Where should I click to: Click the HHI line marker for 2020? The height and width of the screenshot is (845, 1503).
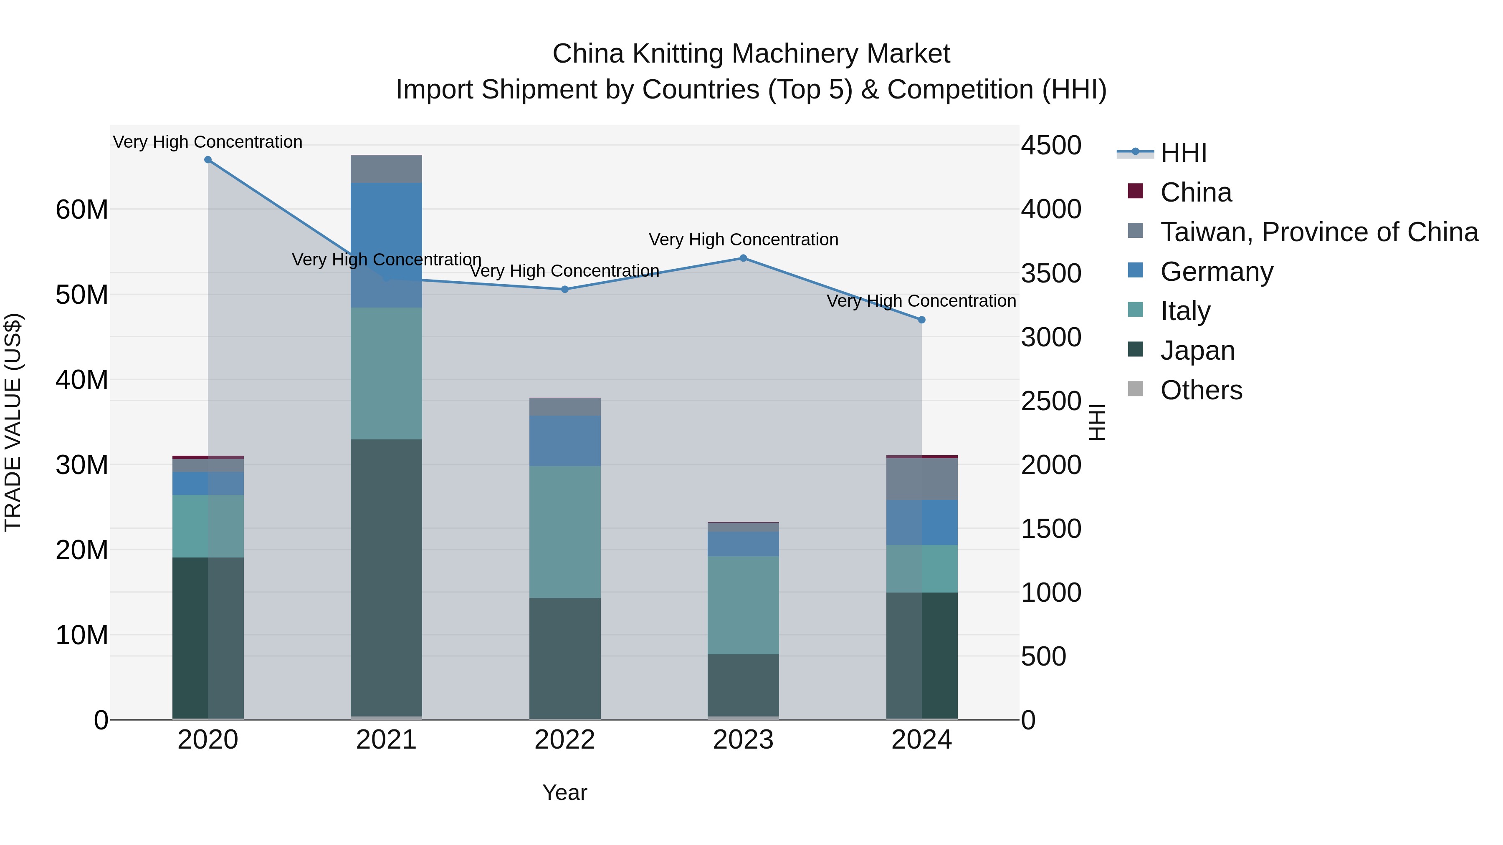(208, 160)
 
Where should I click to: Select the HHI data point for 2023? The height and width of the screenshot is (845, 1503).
(743, 258)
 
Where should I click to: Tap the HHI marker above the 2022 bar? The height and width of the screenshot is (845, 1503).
(565, 289)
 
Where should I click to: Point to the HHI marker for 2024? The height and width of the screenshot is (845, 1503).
(922, 320)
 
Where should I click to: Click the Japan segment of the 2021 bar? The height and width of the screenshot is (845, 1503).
(386, 578)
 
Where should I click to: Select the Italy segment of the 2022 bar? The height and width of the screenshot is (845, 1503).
(565, 532)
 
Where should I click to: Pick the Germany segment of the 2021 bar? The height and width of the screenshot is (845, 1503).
(386, 245)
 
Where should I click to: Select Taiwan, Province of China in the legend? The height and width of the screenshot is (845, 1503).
(1318, 232)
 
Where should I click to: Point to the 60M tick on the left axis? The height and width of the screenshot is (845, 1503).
(82, 209)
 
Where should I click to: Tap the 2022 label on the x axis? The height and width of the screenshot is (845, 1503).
(565, 740)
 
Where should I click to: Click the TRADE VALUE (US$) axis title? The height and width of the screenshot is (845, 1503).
(13, 422)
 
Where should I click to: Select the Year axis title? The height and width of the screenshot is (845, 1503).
(565, 792)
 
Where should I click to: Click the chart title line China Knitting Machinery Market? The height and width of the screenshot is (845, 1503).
(751, 54)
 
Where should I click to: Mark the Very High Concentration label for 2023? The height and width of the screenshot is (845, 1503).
(743, 240)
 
